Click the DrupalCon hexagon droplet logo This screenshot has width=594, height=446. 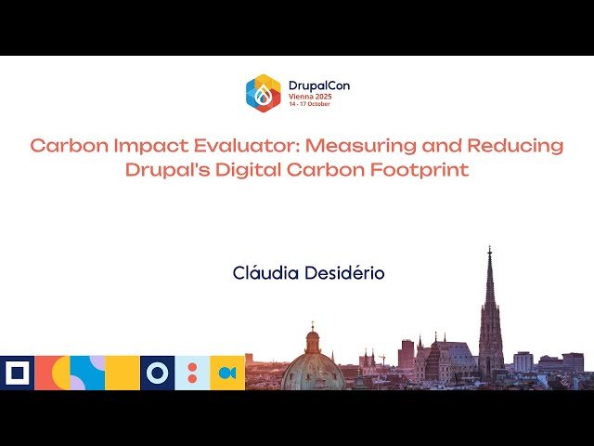(263, 93)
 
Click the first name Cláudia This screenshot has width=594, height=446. (265, 273)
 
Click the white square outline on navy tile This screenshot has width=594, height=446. (17, 373)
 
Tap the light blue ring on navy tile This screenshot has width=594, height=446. (158, 373)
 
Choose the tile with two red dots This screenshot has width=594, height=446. (192, 373)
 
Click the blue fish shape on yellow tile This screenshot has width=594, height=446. (227, 373)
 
